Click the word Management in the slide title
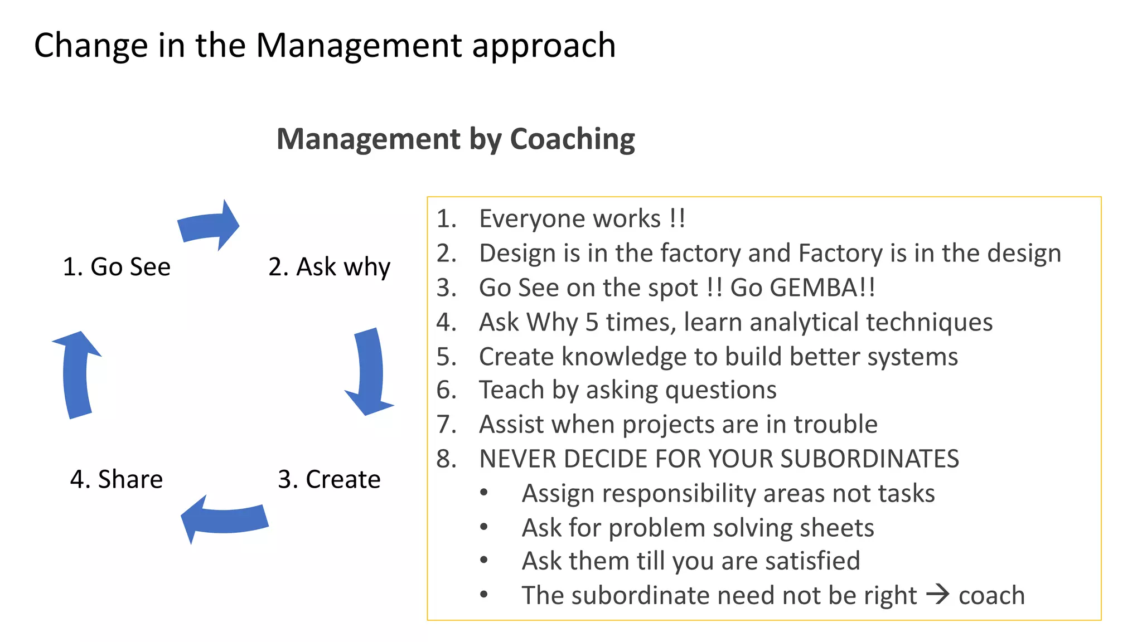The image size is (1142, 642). [x=359, y=46]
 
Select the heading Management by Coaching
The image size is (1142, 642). [x=456, y=139]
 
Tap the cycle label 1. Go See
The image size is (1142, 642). [x=117, y=267]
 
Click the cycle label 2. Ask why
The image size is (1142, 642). [x=329, y=267]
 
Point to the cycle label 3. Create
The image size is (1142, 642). [x=329, y=479]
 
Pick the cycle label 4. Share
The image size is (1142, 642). [x=117, y=479]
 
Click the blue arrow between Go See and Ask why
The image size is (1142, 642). [x=209, y=225]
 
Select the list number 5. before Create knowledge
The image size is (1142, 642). [x=447, y=357]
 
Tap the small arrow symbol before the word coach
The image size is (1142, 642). [x=937, y=594]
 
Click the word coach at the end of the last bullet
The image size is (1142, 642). [x=991, y=596]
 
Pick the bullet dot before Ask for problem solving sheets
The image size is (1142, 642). [x=483, y=527]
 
